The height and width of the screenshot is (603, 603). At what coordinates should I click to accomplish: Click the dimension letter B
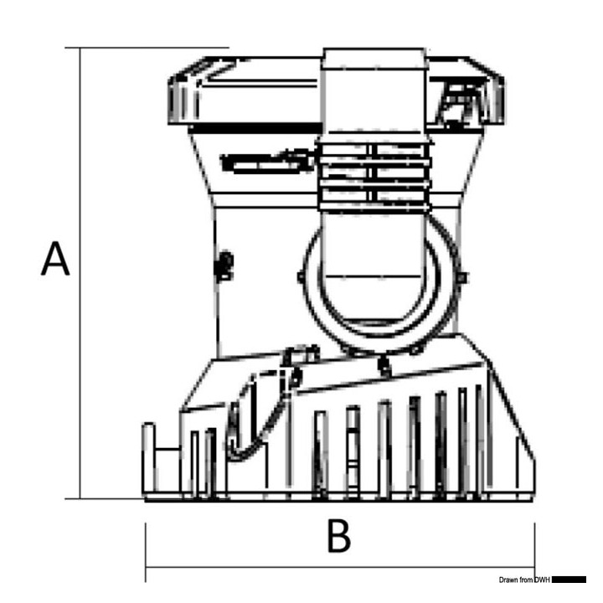(338, 537)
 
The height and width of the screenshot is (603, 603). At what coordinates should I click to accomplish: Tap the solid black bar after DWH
(569, 580)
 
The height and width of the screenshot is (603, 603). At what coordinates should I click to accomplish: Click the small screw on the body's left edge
(224, 266)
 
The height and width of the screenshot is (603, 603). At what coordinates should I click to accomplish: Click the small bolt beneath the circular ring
(384, 363)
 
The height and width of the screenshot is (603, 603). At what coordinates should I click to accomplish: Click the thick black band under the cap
(251, 128)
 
